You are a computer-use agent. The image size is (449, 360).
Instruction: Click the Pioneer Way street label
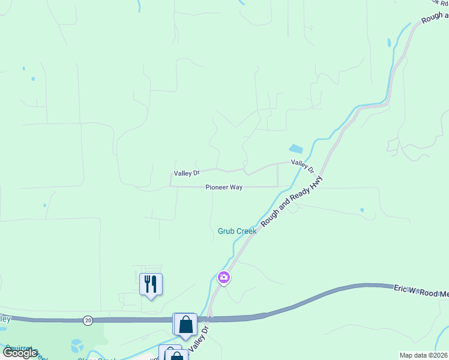tap(224, 187)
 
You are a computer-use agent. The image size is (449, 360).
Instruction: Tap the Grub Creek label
tap(237, 231)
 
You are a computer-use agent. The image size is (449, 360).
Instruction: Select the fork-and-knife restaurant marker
tap(151, 283)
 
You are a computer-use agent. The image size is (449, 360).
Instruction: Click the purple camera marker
tap(224, 277)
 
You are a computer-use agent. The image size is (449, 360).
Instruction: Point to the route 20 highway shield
tap(88, 320)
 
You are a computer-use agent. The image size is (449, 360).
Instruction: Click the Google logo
tap(19, 353)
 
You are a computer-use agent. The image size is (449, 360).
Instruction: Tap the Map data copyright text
tap(423, 355)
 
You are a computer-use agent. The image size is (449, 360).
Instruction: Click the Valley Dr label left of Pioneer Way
tap(186, 173)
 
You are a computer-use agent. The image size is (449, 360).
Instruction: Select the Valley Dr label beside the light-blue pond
tap(303, 166)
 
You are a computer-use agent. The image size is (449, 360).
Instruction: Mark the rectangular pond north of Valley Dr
tap(296, 149)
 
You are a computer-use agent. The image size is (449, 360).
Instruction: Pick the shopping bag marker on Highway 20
tap(185, 325)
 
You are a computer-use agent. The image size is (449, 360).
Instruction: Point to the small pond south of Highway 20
tap(77, 346)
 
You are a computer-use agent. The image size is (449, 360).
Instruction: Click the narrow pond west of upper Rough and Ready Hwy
tap(390, 43)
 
